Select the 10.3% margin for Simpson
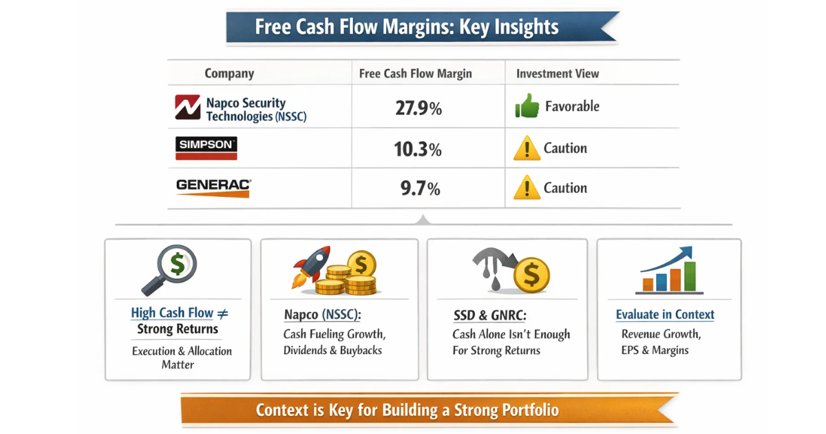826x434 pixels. (419, 149)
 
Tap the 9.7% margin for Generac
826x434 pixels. (419, 188)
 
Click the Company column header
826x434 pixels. (229, 74)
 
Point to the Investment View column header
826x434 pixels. (558, 74)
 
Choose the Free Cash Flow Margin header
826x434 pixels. (416, 74)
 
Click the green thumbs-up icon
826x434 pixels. (526, 107)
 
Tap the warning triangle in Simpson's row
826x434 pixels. (527, 149)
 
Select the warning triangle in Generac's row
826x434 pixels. (527, 188)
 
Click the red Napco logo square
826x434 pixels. (187, 107)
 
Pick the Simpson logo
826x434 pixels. (206, 148)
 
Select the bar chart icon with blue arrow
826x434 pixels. (667, 270)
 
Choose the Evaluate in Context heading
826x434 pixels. (665, 315)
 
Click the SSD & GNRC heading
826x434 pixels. (489, 316)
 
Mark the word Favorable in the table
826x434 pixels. (572, 107)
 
